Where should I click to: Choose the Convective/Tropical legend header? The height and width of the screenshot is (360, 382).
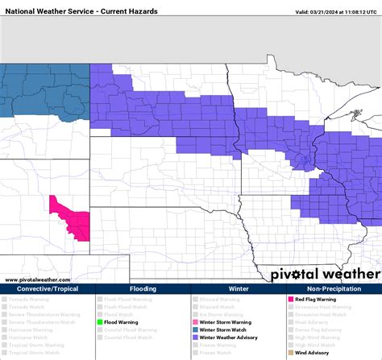click(x=48, y=288)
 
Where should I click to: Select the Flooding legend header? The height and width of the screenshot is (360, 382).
click(x=143, y=288)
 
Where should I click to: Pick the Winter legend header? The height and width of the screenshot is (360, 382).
click(x=238, y=288)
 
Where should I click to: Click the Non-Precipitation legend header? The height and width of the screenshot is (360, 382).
click(x=334, y=288)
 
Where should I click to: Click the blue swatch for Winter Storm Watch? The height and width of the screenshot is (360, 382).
click(x=195, y=329)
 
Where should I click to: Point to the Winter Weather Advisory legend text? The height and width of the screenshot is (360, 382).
click(x=226, y=337)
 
